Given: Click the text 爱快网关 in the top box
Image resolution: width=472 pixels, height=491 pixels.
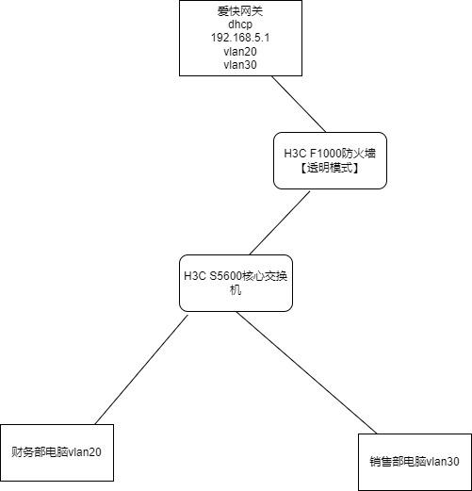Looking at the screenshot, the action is coord(240,11).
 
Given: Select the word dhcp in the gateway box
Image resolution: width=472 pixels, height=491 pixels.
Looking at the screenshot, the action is coord(240,25).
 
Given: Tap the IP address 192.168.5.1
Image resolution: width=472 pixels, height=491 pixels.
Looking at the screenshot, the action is coord(240,38).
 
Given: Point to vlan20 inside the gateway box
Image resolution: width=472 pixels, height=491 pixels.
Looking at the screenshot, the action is coord(240,51).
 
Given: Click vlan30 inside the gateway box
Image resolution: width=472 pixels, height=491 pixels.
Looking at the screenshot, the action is coord(240,65).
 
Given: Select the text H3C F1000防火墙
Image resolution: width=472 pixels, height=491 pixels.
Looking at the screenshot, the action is coord(330,154).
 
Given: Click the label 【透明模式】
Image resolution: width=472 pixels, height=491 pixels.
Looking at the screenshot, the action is coord(330,168).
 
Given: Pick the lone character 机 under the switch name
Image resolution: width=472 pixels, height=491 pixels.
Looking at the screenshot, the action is coord(236,289).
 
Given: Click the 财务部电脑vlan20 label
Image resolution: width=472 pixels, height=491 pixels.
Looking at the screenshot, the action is coord(57,452).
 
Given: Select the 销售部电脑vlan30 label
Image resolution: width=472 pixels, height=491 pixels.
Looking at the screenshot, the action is coord(415,462).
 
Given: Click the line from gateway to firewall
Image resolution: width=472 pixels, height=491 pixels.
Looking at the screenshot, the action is coord(299,104).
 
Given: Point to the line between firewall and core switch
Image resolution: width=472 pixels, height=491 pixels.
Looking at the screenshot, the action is coord(280,223).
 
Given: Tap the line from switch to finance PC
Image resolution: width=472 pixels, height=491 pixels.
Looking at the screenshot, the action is coord(141,369).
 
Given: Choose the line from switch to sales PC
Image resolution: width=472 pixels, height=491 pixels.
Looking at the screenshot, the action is coord(306,373).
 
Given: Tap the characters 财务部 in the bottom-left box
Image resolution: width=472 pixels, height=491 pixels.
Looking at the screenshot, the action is coord(28,452).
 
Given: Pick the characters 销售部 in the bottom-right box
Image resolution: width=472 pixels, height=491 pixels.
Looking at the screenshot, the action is coord(386,462).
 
